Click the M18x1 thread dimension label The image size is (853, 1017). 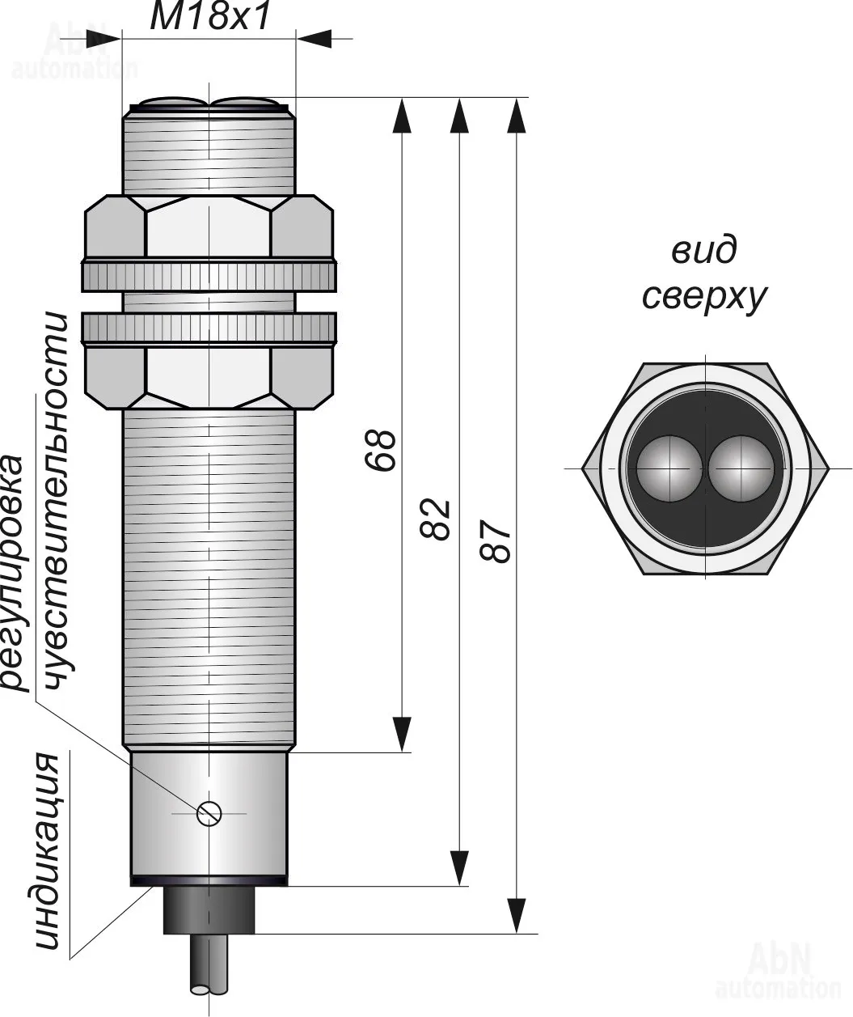click(x=209, y=17)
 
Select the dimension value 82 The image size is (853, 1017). click(x=436, y=519)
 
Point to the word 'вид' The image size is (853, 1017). click(x=703, y=251)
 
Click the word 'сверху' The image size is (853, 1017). click(x=703, y=297)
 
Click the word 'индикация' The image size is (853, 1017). click(x=48, y=853)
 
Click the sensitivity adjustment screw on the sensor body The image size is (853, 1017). click(x=209, y=811)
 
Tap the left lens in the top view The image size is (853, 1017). click(x=668, y=468)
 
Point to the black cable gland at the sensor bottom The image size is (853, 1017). click(x=209, y=911)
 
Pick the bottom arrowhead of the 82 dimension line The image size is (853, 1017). click(x=459, y=869)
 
